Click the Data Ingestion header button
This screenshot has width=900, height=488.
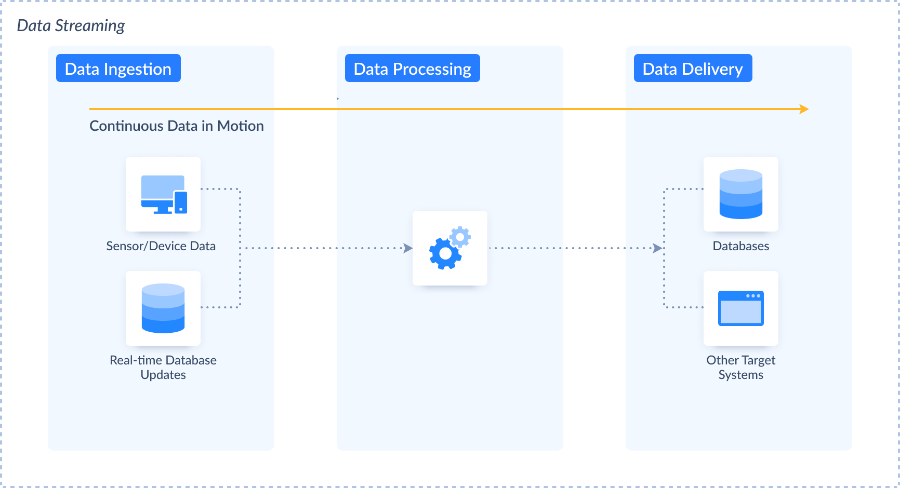[x=118, y=69]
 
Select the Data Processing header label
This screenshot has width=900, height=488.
[x=412, y=69]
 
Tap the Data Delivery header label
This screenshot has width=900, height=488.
[x=693, y=69]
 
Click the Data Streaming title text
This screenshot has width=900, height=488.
[x=71, y=25]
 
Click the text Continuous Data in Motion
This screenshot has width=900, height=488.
[x=177, y=126]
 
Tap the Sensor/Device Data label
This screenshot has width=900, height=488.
[x=161, y=246]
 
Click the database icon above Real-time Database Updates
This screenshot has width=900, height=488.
[x=163, y=308]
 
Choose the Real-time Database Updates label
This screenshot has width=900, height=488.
[x=163, y=367]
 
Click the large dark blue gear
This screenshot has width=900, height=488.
[x=445, y=253]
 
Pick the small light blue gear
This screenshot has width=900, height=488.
[x=460, y=237]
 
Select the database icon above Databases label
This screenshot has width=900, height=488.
[x=740, y=194]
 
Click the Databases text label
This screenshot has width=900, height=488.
[x=740, y=246]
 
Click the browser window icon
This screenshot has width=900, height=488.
[x=740, y=308]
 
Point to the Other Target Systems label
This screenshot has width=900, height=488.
[x=740, y=367]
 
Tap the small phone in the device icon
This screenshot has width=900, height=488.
[x=181, y=202]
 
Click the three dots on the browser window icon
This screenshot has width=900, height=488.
[x=753, y=296]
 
